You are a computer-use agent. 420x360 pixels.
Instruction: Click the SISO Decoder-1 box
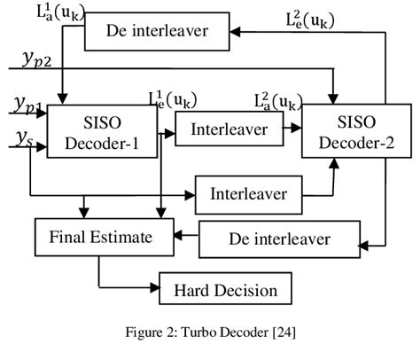[x=98, y=130]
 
